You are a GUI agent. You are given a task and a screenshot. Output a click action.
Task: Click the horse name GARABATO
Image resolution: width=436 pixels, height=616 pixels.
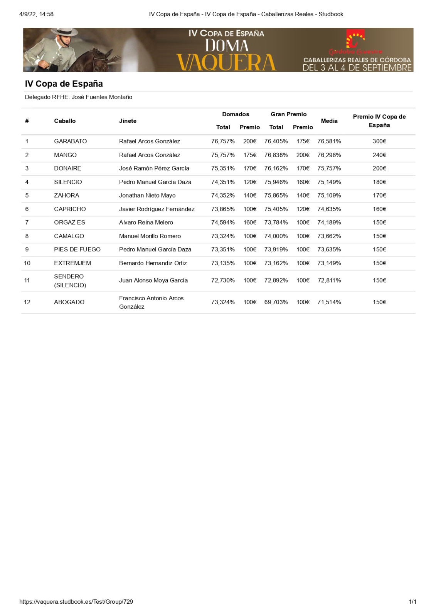pos(70,141)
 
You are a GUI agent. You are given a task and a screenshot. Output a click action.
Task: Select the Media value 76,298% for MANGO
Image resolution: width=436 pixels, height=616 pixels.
pos(329,155)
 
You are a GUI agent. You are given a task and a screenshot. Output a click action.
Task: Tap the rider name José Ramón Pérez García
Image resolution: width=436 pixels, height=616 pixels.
pos(154,168)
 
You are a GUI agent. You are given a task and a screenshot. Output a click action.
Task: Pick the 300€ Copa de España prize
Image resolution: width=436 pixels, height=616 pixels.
pos(379,141)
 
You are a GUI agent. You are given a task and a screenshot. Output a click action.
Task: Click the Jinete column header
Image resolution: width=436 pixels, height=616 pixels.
pos(128,121)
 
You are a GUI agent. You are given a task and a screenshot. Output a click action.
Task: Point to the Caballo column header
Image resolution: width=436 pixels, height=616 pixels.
pos(65,121)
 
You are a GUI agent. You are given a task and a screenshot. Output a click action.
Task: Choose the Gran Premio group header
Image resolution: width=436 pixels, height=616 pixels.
pos(288,114)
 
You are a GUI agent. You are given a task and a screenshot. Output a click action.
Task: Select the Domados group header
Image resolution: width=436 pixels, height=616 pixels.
pos(236,114)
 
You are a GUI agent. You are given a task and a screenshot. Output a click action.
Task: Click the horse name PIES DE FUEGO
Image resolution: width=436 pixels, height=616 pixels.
pos(77,249)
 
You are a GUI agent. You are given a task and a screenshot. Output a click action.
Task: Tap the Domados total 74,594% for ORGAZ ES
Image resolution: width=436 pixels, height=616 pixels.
pos(223,223)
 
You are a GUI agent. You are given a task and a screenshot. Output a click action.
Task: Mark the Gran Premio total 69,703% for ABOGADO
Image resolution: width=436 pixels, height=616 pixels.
pos(276,302)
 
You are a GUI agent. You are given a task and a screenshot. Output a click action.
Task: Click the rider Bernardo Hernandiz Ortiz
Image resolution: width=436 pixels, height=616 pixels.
pos(153,263)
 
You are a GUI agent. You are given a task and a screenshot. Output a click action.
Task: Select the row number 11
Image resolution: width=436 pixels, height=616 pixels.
pos(27,280)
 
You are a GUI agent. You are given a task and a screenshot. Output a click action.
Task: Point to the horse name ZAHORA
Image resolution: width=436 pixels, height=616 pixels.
pos(66,196)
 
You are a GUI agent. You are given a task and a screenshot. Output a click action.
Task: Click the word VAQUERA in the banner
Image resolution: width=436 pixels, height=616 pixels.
pos(226,63)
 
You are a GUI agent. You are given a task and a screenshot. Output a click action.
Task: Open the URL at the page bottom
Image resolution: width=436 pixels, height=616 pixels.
pos(76,602)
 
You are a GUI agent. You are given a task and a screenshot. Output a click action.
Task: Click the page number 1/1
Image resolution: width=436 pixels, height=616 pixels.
pos(412,602)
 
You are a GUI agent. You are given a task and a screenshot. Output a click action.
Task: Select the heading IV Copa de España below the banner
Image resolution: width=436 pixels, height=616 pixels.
pos(64,84)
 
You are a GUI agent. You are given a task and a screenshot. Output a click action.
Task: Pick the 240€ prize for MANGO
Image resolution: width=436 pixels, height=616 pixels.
pos(379,155)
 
